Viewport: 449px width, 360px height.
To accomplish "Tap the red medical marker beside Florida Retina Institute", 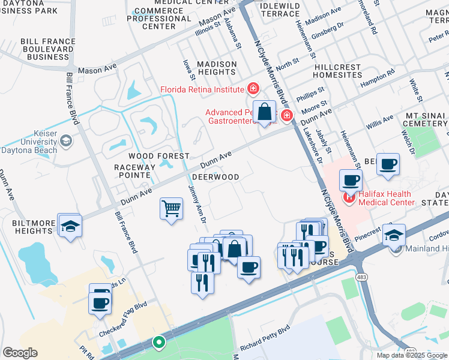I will tap(253, 89).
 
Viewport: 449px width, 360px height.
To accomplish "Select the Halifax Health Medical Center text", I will tap(387, 198).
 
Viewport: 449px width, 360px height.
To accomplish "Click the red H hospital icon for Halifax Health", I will tap(348, 197).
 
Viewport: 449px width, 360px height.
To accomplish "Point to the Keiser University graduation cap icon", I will tap(66, 141).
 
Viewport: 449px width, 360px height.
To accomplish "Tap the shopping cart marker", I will tap(172, 209).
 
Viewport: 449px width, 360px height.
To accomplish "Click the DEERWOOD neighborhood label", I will tap(215, 178).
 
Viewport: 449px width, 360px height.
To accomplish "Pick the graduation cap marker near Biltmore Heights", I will tap(70, 226).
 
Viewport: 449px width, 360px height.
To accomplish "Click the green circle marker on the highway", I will tap(158, 343).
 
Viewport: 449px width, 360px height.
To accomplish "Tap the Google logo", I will tap(20, 353).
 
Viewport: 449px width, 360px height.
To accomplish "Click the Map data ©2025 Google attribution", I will tap(411, 355).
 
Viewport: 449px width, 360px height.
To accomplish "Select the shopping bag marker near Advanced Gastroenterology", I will tap(264, 112).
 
